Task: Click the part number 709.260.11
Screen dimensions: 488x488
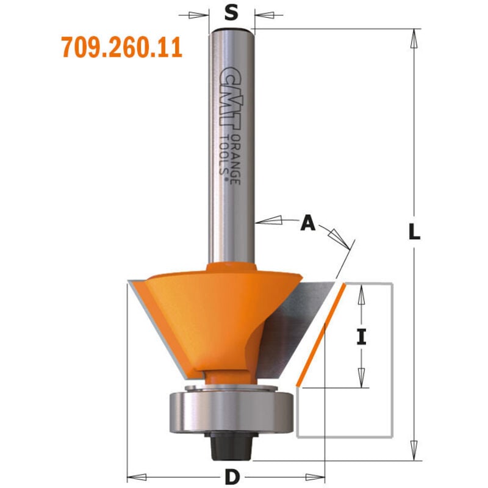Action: coord(121,47)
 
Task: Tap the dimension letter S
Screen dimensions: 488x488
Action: coord(231,13)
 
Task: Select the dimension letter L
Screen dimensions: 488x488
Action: coord(414,232)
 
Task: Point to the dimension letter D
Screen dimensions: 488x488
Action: coord(232,477)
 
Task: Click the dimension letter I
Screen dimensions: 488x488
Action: coord(361,337)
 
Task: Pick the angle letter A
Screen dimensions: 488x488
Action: coord(308,223)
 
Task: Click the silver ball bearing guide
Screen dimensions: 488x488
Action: coord(231,413)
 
